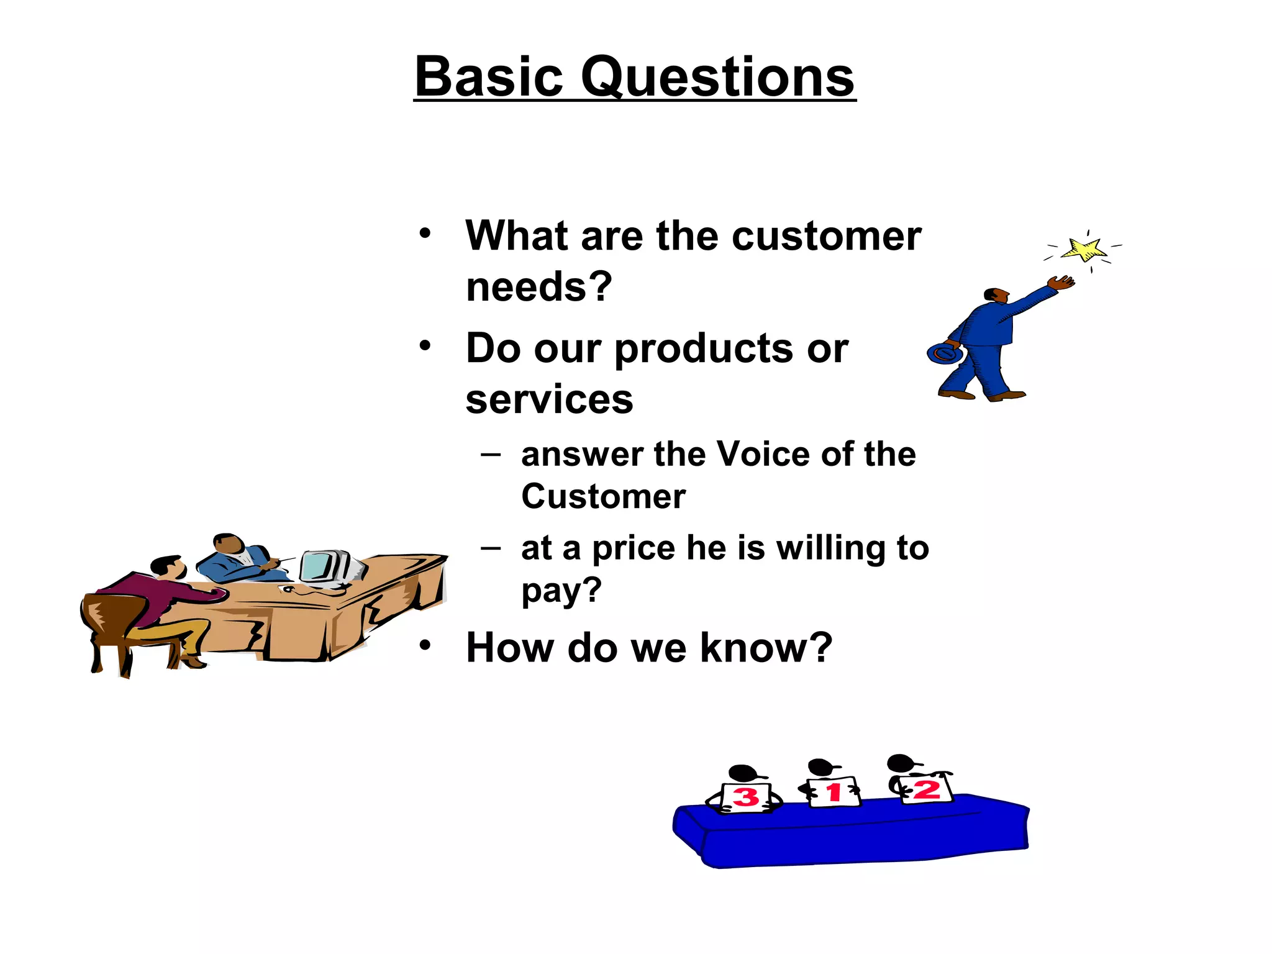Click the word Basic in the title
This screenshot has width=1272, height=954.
[489, 77]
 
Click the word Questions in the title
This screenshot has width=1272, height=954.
[717, 78]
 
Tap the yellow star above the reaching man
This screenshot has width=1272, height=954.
[1084, 250]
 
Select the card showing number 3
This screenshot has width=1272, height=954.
[746, 797]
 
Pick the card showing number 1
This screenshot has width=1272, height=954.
[834, 792]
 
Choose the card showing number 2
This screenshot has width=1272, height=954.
[926, 789]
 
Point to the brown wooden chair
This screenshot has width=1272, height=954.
[115, 627]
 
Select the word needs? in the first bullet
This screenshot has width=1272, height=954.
[538, 287]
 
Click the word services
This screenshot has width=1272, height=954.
[549, 399]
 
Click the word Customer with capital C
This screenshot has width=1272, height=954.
[603, 497]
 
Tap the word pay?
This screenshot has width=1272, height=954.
[561, 591]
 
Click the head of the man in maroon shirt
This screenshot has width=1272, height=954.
[166, 566]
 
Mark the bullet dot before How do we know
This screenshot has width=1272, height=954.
[424, 645]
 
